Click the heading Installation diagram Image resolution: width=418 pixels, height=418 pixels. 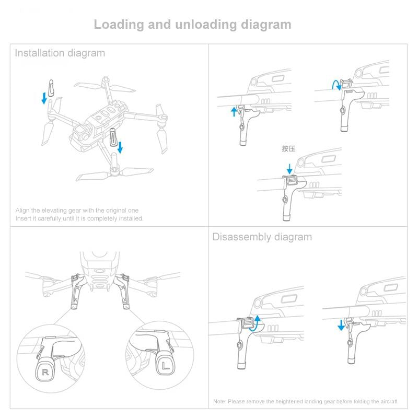[x=60, y=53]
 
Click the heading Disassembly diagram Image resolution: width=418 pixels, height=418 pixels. [x=262, y=237]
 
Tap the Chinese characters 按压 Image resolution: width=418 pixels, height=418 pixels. [x=288, y=149]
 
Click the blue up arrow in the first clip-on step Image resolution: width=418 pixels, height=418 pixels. [x=234, y=111]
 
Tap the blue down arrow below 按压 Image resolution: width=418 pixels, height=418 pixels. [x=289, y=169]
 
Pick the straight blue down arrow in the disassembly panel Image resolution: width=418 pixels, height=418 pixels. [x=341, y=326]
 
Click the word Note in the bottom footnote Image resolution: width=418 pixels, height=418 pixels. [x=219, y=401]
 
